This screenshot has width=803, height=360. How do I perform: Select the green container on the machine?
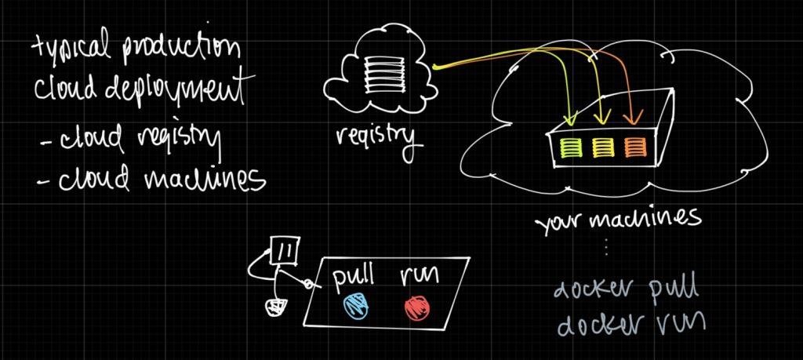(x=570, y=145)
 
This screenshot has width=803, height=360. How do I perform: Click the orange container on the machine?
(x=634, y=145)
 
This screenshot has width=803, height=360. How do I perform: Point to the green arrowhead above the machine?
(x=570, y=120)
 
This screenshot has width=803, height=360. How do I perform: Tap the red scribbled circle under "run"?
(x=416, y=307)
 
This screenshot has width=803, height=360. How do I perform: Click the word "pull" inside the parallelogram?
(x=354, y=277)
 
